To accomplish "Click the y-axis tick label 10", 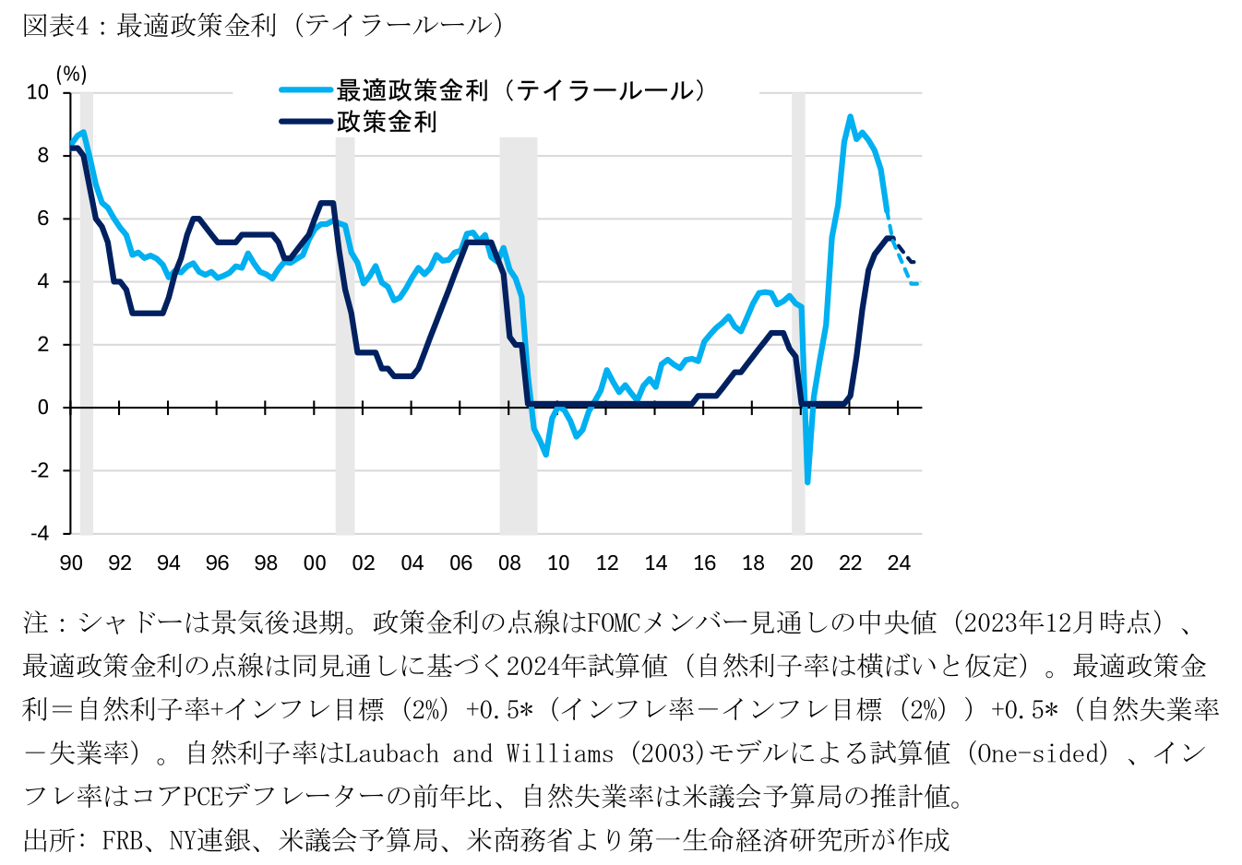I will tap(39, 92).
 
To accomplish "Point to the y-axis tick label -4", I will tap(40, 533).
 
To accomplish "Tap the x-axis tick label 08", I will tap(509, 563).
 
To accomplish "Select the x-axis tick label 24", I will tap(899, 563).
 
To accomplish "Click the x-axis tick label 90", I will tap(71, 563).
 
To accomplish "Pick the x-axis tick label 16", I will tap(704, 563).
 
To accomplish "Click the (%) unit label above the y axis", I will tap(71, 74).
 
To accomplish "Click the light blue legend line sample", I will tap(305, 90).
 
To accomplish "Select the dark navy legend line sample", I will tap(305, 121).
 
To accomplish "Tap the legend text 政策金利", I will tap(387, 122).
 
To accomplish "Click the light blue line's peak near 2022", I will tap(850, 117).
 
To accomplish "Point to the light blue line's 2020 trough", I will tap(807, 481).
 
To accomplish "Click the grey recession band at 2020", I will tap(798, 314).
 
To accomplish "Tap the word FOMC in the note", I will tap(614, 623).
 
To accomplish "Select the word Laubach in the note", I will tap(392, 753).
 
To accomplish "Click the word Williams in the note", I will tap(559, 753).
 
